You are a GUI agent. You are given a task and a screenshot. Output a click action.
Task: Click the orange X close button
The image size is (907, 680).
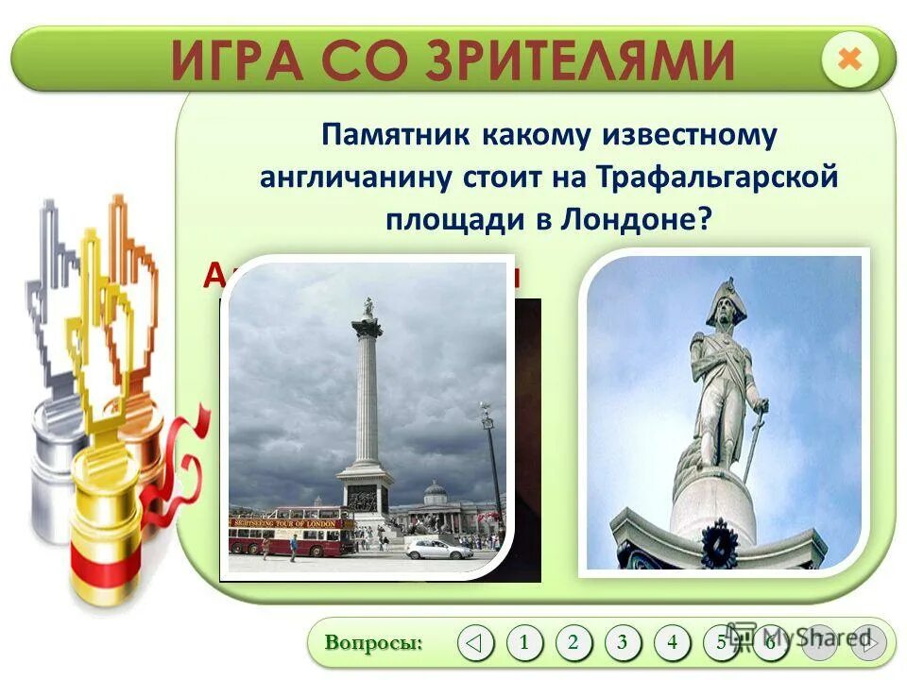pyautogui.click(x=850, y=59)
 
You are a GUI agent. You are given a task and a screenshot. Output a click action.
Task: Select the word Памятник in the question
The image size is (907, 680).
pyautogui.click(x=397, y=135)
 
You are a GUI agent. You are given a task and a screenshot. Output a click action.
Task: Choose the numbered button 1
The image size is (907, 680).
pyautogui.click(x=524, y=643)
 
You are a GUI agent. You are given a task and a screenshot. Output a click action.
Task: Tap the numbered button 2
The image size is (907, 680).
pyautogui.click(x=573, y=643)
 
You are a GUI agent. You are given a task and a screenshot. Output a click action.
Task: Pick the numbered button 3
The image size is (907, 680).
pyautogui.click(x=623, y=643)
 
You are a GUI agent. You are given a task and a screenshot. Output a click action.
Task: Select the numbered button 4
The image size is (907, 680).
pyautogui.click(x=672, y=643)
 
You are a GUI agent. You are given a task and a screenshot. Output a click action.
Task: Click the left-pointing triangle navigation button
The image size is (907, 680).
pyautogui.click(x=475, y=643)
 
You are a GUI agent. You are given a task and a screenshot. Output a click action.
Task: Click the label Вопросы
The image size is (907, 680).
pyautogui.click(x=374, y=643)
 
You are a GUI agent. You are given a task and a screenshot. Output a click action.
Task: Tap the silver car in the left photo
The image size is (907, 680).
pyautogui.click(x=439, y=549)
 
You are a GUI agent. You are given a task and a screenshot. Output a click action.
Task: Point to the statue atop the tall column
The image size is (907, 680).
pyautogui.click(x=368, y=307)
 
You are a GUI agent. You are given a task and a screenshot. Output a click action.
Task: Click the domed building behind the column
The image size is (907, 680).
pyautogui.click(x=436, y=494)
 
